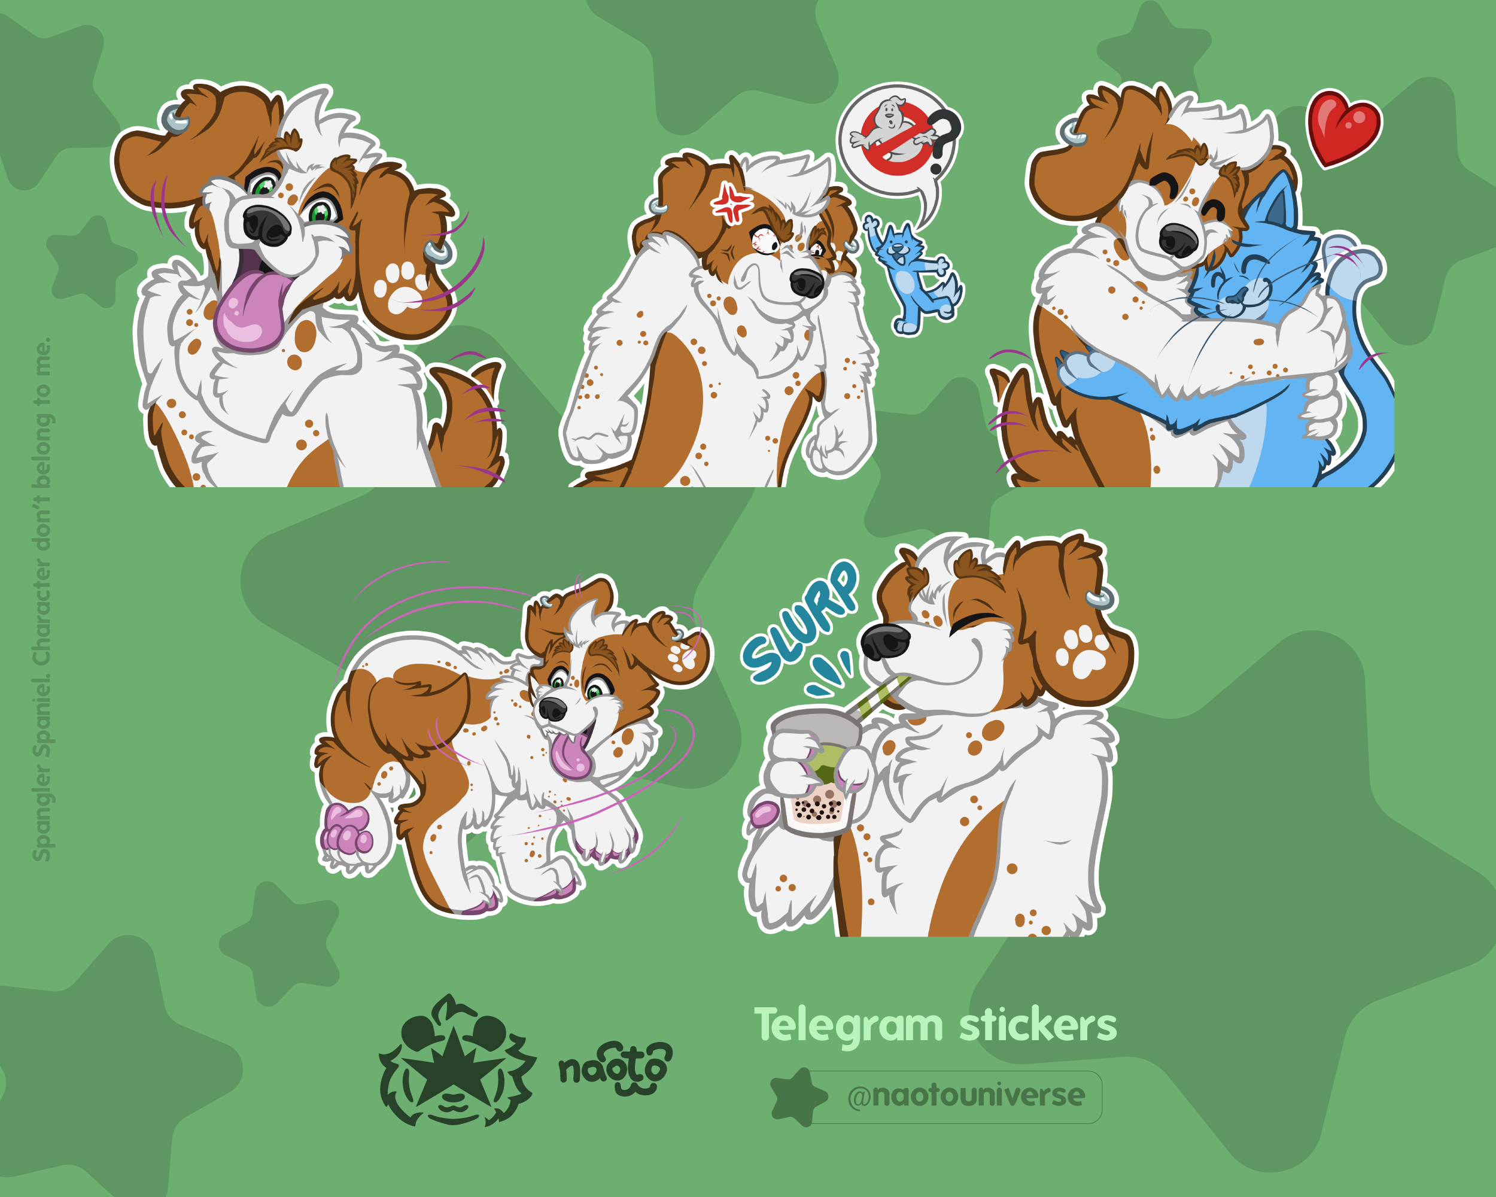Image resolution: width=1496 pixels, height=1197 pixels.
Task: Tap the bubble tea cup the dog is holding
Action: [817, 771]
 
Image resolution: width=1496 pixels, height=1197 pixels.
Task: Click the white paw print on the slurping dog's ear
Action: [1082, 652]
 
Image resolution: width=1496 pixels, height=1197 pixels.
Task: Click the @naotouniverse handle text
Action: [966, 1095]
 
